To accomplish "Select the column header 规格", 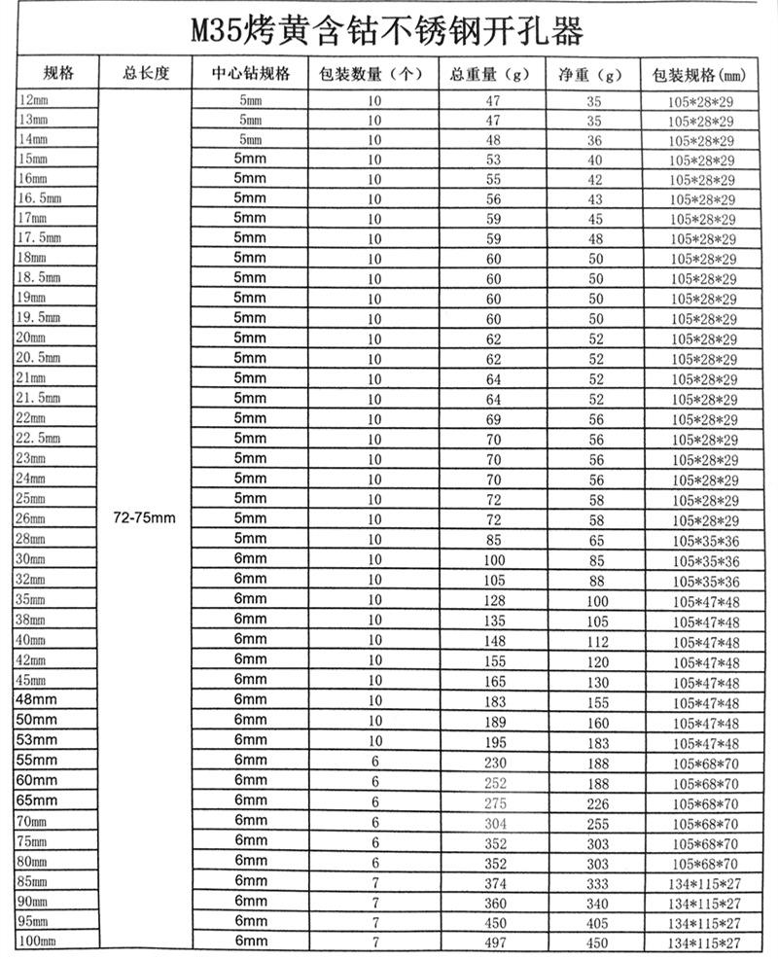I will (x=57, y=74).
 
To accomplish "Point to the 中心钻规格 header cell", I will (x=250, y=74).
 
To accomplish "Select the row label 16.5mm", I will (x=40, y=198).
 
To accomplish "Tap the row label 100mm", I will (x=37, y=941).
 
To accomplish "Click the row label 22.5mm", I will (x=40, y=438).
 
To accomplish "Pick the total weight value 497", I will (x=493, y=941).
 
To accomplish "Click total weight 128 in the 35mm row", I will (x=493, y=601).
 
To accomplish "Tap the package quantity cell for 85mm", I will (x=373, y=881).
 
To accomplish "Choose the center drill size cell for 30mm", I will (x=250, y=558).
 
